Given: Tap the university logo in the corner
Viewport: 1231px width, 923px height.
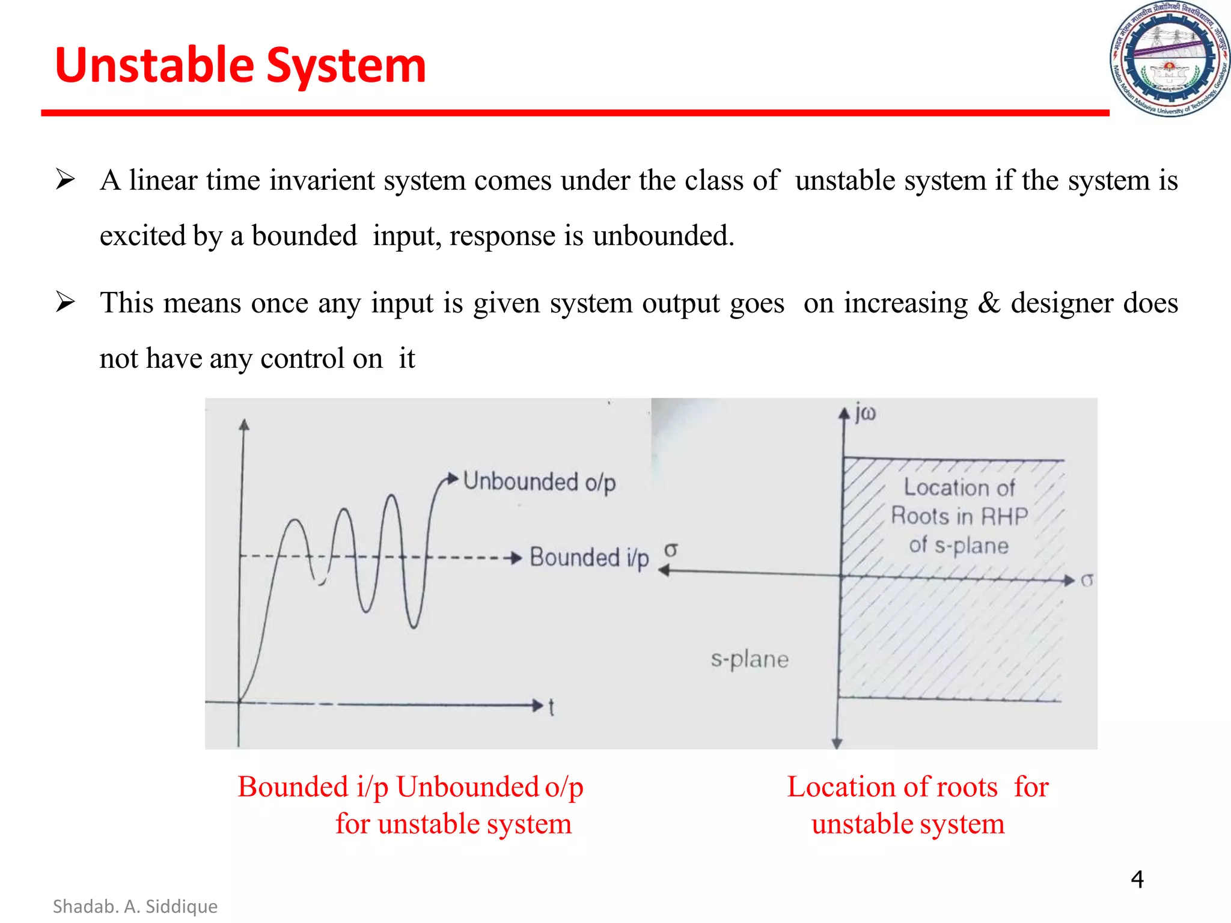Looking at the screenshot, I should point(1169,59).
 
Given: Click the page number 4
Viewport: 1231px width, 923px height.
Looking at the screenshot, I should point(1137,879).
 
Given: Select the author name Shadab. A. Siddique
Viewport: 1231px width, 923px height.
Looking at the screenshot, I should point(135,906).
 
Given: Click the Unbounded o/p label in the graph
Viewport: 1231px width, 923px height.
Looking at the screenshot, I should point(539,483).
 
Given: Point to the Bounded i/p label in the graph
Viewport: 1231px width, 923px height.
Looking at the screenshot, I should point(588,558).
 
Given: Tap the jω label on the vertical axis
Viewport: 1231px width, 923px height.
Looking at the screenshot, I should point(866,413).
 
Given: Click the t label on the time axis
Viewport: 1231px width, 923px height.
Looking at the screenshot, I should point(551,707).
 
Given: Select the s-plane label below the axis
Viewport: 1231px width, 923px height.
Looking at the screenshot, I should point(750,659).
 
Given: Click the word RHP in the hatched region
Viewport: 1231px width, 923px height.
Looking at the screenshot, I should point(1004,516).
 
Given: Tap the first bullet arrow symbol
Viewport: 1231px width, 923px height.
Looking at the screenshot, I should point(65,180).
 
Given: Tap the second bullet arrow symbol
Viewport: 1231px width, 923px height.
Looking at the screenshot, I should point(65,302).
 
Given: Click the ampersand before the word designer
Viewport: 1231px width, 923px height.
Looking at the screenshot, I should point(989,302).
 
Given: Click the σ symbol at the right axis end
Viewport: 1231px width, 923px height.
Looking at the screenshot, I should point(1087,580).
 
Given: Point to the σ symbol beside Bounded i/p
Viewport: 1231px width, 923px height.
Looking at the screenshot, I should point(671,550).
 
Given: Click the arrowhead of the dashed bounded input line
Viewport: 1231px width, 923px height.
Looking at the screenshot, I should point(515,558).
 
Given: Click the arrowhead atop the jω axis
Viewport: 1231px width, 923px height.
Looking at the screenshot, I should point(844,413).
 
